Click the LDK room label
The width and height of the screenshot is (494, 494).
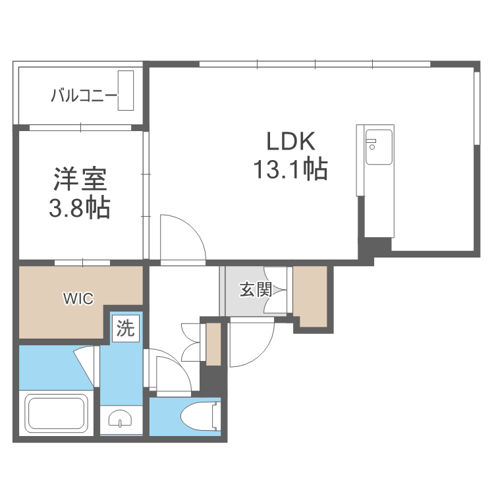291,142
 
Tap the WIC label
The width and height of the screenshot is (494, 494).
78,299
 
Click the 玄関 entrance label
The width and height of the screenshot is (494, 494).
255,289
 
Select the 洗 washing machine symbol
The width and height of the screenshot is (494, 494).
125,327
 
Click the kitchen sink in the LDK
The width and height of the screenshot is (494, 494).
379,148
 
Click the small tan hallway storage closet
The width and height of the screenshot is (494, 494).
213,343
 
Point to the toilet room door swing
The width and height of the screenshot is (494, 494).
173,372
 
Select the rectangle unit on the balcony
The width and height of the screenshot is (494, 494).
126,90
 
